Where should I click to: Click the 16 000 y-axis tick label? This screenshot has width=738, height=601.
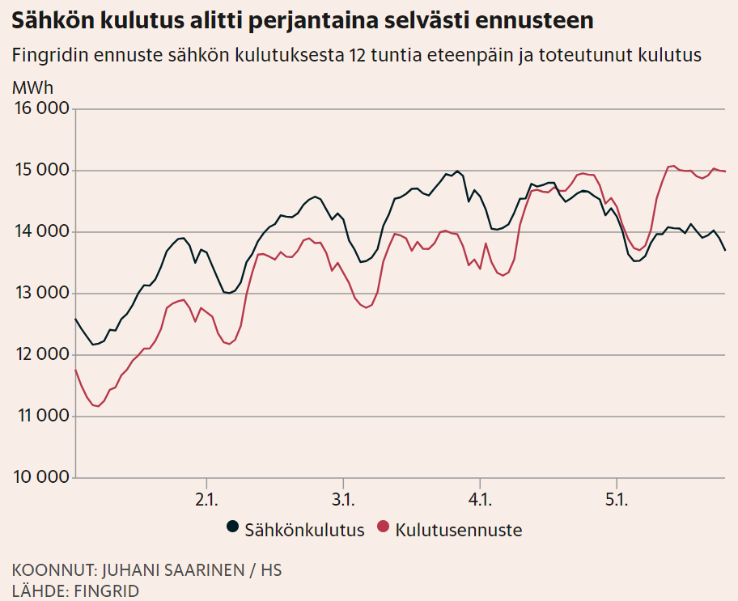tap(40, 109)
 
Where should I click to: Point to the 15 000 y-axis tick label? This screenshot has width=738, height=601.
tap(40, 171)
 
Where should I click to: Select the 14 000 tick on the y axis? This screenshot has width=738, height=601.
tap(40, 232)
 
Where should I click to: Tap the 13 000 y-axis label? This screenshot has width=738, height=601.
tap(40, 294)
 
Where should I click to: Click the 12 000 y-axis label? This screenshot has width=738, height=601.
tap(40, 355)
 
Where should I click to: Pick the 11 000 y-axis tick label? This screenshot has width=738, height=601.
tap(40, 417)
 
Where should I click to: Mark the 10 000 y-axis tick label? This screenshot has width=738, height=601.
tap(40, 477)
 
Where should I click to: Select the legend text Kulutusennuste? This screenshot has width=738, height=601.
tap(459, 531)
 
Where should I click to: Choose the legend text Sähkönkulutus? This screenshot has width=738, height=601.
tap(304, 531)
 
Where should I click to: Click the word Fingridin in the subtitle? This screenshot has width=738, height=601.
tap(51, 56)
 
